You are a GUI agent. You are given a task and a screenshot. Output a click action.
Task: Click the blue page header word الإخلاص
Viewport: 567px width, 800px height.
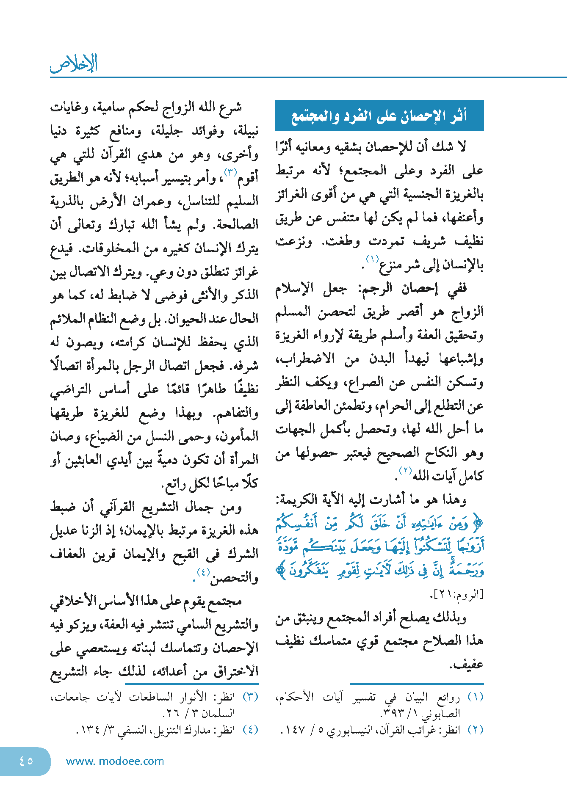tap(74, 63)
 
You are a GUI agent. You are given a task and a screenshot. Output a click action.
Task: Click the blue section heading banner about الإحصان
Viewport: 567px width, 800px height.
tap(379, 116)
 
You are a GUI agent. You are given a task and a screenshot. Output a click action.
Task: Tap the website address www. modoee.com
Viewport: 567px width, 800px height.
tap(115, 761)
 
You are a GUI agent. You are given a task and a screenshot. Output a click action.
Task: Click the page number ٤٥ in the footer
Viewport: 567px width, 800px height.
tap(26, 761)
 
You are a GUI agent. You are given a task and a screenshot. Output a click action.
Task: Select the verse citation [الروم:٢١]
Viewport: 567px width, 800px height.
tap(456, 594)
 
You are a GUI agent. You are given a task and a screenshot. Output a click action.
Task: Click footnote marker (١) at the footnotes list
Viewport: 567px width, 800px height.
tap(475, 697)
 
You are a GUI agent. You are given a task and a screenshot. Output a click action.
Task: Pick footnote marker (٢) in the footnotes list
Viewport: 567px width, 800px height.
tap(475, 730)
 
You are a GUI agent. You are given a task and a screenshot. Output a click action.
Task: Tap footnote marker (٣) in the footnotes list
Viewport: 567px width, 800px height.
tap(250, 697)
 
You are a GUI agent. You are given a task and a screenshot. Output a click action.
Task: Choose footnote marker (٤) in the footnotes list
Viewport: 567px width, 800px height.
tap(250, 730)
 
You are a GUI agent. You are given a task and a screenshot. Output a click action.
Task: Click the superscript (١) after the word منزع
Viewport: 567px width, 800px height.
tap(372, 259)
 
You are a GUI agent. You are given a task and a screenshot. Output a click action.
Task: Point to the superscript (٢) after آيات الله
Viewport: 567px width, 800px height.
tap(405, 470)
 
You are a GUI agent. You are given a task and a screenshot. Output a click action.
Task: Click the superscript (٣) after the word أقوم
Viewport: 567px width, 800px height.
tap(230, 171)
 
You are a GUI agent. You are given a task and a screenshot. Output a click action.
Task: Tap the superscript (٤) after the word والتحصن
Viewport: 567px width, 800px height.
tap(203, 572)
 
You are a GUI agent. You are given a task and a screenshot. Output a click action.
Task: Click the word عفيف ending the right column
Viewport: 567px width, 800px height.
tap(467, 664)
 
